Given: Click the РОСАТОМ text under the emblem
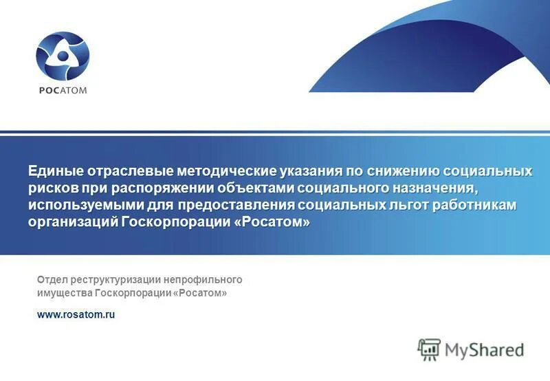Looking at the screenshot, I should coord(63,90).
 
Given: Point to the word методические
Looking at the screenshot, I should coord(226,171).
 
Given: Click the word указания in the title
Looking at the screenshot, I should coord(312,171).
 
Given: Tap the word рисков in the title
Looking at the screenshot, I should coord(53,188).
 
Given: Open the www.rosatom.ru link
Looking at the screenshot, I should coord(76,314).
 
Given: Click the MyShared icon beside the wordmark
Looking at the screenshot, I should coord(429,350).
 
